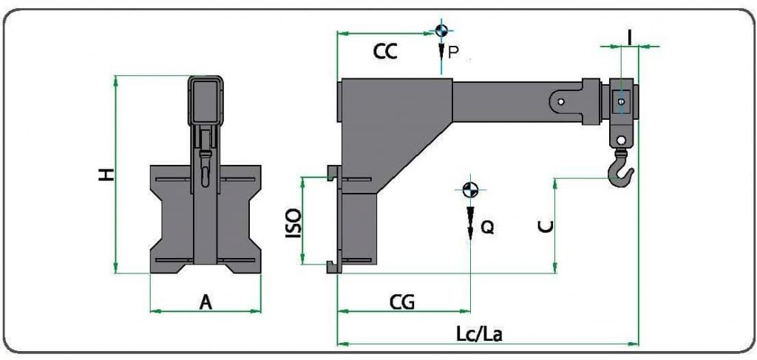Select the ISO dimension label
click(293, 223)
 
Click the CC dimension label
click(385, 51)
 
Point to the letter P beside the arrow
click(453, 51)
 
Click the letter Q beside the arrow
click(486, 228)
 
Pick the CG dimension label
click(402, 302)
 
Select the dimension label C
click(546, 226)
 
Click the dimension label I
click(629, 34)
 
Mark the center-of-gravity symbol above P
click(441, 30)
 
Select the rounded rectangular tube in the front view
click(205, 101)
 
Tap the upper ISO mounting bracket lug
click(332, 174)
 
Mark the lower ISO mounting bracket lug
click(332, 267)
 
